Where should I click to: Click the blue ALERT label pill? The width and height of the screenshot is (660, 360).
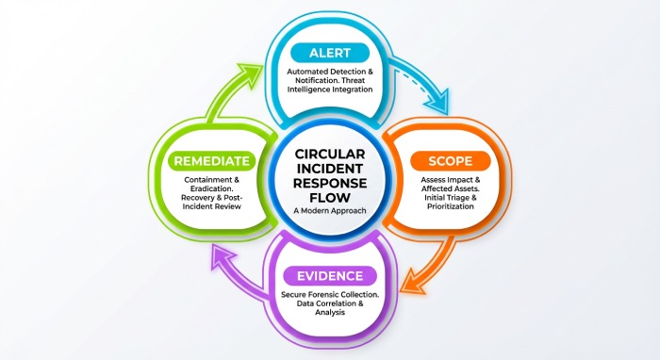coord(329,53)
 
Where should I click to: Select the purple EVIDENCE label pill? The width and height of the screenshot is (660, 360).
coord(330,275)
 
